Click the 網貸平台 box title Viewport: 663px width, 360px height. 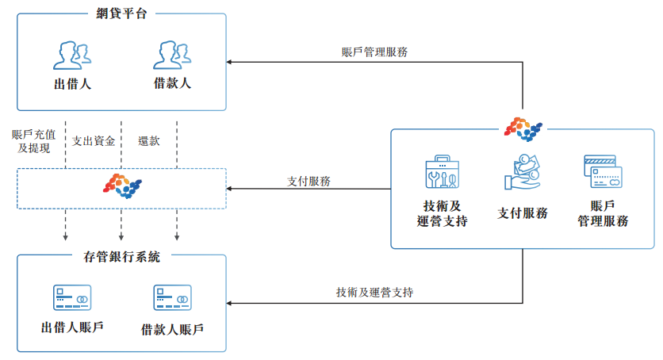point(121,13)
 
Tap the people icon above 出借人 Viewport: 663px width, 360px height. point(72,56)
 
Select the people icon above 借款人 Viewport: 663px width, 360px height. point(172,55)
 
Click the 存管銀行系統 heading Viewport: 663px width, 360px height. point(122,256)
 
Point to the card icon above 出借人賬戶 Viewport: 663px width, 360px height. point(72,297)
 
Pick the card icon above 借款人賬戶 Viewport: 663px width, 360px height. point(173,297)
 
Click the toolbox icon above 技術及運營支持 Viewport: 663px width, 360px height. point(443,171)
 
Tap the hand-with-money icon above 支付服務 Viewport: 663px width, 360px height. point(523,172)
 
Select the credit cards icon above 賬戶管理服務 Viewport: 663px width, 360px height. point(603,171)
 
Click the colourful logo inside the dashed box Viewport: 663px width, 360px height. point(122,186)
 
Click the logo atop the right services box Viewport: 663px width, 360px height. point(523,129)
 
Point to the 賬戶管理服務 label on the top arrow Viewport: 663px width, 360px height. point(374,52)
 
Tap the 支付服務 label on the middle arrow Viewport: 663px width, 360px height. point(309,182)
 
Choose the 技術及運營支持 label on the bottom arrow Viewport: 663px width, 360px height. point(374,292)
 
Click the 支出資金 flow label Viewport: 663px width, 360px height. point(94,140)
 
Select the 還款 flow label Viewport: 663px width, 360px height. point(149,140)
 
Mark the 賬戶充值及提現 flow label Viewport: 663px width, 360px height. point(34,141)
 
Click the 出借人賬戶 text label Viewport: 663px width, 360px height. point(72,327)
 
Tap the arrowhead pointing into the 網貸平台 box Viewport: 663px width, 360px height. point(228,62)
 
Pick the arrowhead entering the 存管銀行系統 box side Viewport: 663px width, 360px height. point(228,303)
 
